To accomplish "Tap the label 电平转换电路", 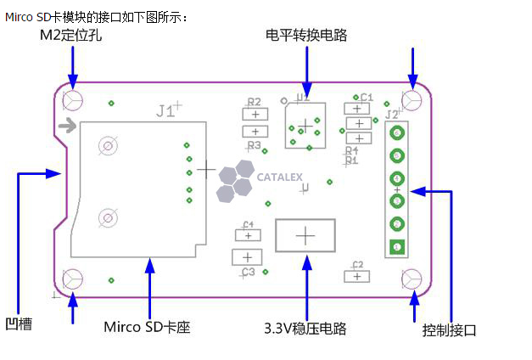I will (306, 35).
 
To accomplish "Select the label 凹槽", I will (18, 323).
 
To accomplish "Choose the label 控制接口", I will (450, 330).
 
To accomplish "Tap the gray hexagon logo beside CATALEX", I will (234, 183).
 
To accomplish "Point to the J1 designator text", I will (166, 110).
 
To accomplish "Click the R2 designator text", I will (254, 102).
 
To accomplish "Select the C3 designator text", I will (248, 272).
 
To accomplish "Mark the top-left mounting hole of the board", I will (73, 100).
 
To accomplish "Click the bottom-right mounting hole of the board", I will (412, 278).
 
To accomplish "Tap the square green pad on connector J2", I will (396, 247).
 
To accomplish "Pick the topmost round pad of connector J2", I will (396, 133).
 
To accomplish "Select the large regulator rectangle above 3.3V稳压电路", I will (305, 234).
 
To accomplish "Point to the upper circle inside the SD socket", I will (108, 146).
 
